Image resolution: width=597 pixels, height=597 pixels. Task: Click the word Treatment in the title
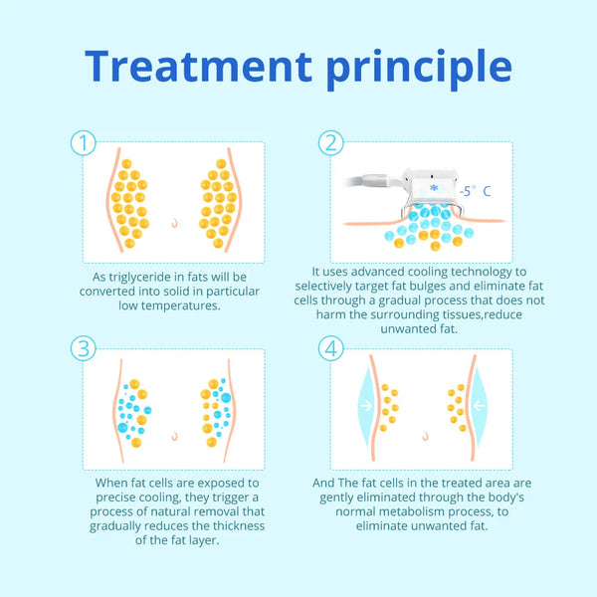coord(198,66)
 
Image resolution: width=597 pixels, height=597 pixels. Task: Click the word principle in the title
coord(419,70)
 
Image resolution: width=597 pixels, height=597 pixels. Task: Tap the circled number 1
coord(84,142)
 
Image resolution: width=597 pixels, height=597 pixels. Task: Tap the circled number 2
coord(331,142)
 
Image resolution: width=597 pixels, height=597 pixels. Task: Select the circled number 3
coord(84,348)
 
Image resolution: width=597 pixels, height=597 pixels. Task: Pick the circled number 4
coord(331,348)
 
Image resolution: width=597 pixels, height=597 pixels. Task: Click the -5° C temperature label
coord(475,191)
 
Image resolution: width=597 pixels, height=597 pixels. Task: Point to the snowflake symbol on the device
coord(433,188)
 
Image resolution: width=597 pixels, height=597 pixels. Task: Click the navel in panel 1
coord(174,223)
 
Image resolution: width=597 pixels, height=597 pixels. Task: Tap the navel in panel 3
coord(174,436)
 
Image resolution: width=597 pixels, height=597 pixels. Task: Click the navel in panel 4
coord(425,436)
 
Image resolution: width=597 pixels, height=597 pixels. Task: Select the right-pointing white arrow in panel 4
coord(366,406)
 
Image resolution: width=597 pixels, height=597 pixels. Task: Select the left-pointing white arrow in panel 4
coord(479,406)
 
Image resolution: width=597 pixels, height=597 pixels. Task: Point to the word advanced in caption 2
coord(378,272)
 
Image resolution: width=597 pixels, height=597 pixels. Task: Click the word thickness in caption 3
coord(239,525)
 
